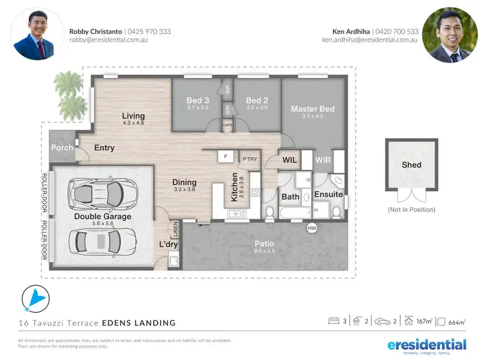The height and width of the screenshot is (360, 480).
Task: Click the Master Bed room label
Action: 312,109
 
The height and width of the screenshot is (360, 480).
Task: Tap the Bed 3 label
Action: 198,100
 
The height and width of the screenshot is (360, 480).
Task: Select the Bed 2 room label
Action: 257,100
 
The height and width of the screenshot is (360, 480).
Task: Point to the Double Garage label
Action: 103,216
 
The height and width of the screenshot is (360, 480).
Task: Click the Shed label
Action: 411,164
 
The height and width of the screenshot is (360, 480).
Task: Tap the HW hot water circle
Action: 312,228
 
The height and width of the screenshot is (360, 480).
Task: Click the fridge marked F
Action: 226,156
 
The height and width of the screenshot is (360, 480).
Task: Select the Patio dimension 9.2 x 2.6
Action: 264,251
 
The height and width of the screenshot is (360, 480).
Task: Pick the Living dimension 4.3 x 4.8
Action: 133,123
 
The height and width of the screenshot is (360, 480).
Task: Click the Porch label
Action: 62,148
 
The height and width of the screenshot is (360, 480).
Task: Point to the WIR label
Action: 323,160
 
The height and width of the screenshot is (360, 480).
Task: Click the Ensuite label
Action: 328,194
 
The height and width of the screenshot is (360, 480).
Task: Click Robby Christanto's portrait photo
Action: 36,34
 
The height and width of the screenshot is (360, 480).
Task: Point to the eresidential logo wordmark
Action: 427,345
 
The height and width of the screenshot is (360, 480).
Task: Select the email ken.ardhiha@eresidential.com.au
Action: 370,40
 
